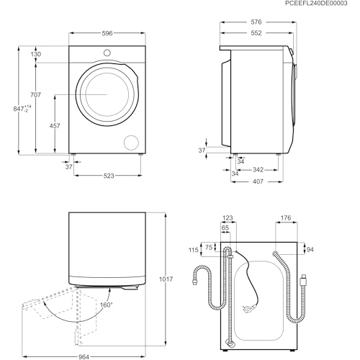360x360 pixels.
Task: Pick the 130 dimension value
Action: point(35,54)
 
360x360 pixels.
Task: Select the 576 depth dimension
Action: point(257,22)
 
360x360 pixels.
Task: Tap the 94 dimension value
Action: point(311,251)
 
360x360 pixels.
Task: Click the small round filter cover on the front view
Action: point(130,140)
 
